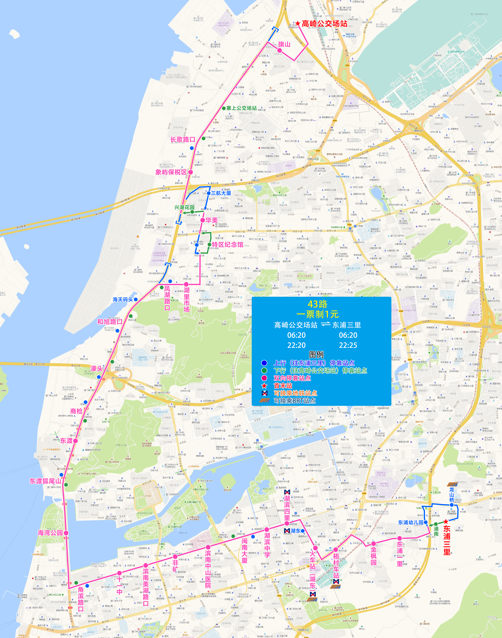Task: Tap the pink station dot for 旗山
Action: click(280, 51)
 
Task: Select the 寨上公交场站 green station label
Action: click(241, 108)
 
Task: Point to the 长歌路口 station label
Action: click(183, 139)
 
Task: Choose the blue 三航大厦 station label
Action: click(221, 193)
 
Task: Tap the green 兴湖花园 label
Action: click(184, 207)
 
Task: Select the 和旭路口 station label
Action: click(110, 322)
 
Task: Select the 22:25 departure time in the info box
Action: click(348, 345)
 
